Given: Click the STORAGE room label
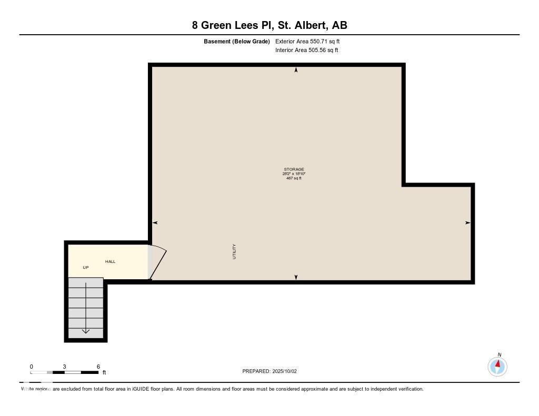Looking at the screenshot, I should tap(294, 169).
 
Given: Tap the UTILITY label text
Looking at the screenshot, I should tap(234, 251).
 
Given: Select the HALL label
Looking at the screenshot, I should tap(110, 261).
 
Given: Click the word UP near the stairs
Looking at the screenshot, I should tap(86, 268).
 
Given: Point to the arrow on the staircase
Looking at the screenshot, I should tap(85, 331).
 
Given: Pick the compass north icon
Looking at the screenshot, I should tap(497, 366).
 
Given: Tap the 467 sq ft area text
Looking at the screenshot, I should tap(294, 178).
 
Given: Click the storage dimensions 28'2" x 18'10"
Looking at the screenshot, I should tap(294, 174).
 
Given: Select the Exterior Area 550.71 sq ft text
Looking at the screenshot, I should tap(311, 41).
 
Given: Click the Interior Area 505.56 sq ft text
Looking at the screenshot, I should tap(306, 50).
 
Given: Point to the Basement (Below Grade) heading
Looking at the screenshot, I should tap(237, 41).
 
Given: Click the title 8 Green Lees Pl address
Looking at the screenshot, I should tap(269, 25).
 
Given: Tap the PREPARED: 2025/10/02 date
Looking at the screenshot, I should tap(269, 371).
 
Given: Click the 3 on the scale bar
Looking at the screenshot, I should tap(64, 367).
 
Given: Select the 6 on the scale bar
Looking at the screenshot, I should tap(98, 367).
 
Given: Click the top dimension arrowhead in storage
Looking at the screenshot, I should tap(296, 70).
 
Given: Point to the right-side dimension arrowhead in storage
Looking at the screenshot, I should tap(467, 223).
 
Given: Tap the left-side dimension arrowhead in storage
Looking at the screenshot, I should tap(155, 223).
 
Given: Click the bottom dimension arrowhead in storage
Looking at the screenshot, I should tap(296, 277).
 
